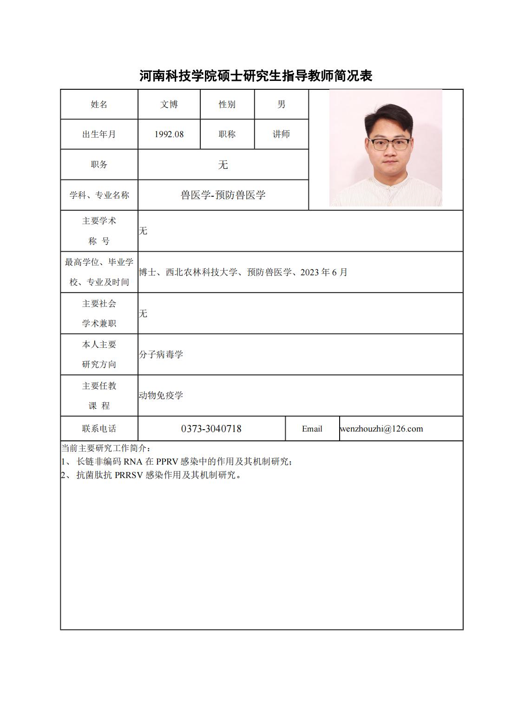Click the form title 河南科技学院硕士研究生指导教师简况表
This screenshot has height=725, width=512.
coord(256,76)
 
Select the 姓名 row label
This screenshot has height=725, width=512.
coord(99,105)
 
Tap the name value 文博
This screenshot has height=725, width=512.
coord(169,105)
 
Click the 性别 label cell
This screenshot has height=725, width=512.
coord(227,105)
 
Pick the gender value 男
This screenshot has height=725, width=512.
coord(282,105)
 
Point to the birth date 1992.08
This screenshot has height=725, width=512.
coord(169,134)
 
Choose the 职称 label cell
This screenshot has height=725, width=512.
coord(227,134)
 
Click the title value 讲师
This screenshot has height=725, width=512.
coord(282,134)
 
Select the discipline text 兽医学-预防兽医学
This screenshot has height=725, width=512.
coord(223,195)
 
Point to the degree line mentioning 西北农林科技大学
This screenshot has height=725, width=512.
coord(243,273)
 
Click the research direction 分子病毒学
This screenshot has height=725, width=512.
coord(161,355)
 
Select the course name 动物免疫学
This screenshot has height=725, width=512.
coord(161,396)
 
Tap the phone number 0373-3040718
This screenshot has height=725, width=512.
coord(211,429)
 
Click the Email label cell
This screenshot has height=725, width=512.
coord(312,429)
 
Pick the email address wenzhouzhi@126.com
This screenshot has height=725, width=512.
coord(381,429)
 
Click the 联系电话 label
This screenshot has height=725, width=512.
coord(99,429)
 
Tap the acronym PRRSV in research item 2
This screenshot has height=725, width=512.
coord(129,475)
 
